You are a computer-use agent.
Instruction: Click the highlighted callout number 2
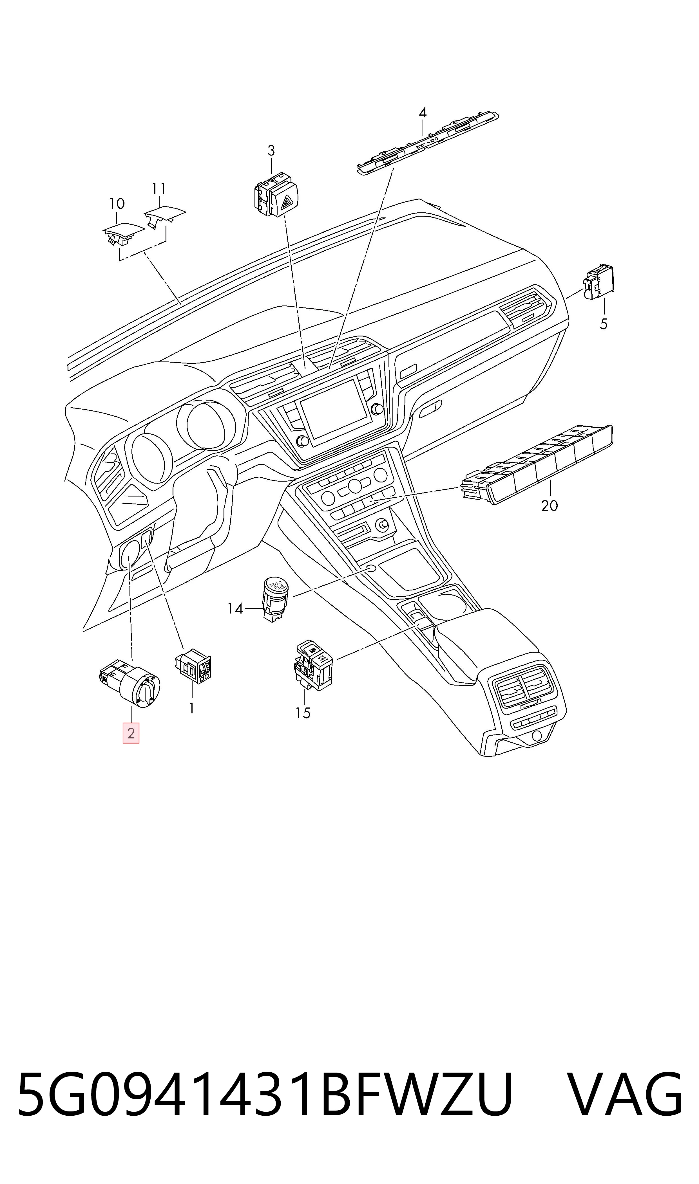tap(131, 733)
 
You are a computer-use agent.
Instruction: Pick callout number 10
tap(117, 204)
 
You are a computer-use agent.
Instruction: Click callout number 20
tap(549, 505)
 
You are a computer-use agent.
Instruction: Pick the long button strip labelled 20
tap(537, 464)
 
